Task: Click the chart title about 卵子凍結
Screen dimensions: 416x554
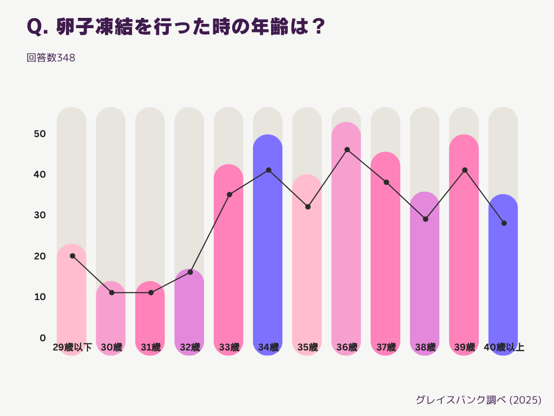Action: (176, 27)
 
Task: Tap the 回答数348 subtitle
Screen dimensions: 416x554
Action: (51, 57)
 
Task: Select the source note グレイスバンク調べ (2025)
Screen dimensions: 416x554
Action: (478, 400)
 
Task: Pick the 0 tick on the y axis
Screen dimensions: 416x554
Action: (43, 338)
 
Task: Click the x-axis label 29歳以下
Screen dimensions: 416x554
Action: (72, 347)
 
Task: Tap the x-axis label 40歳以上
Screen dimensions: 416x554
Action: (504, 347)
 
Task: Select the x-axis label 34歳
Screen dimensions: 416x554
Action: (268, 347)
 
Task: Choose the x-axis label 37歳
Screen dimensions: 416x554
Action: (386, 347)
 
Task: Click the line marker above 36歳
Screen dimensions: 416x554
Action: (347, 149)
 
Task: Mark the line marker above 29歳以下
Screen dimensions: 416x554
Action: (72, 256)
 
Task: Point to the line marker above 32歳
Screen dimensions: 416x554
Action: (190, 272)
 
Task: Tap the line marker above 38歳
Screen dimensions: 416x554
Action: (425, 219)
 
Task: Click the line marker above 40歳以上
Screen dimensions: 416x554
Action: (504, 223)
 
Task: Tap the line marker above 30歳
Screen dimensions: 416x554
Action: (111, 292)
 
